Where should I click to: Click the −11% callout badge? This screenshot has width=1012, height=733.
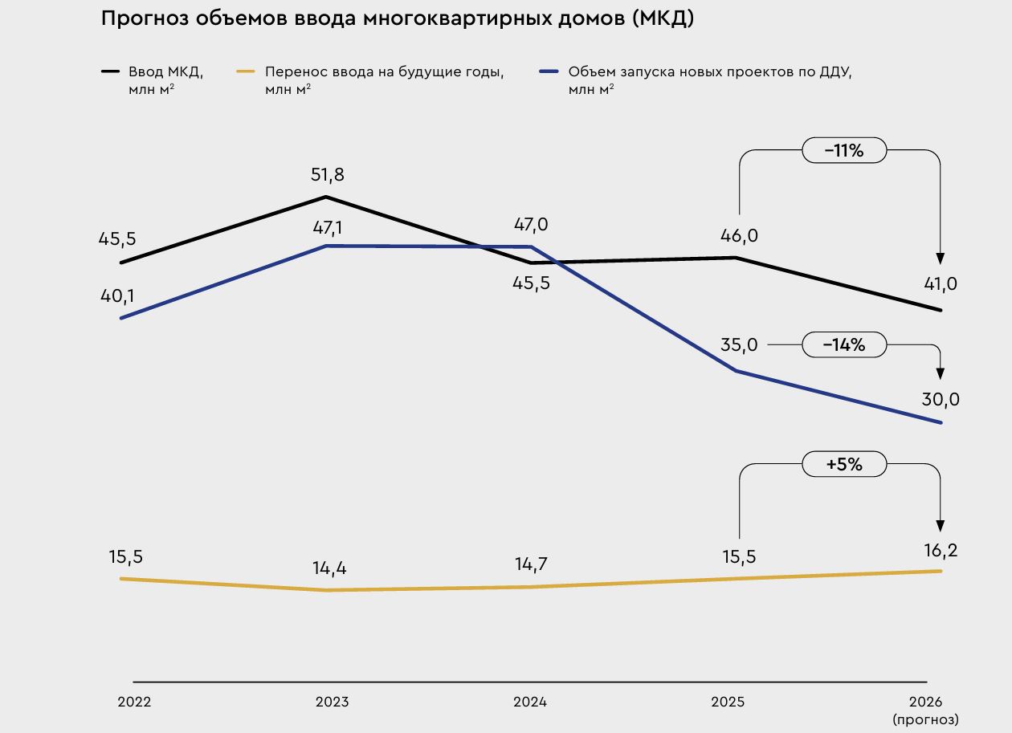[844, 150]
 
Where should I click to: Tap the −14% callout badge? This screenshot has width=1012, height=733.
[844, 345]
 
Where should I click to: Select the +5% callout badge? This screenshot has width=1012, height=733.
[844, 464]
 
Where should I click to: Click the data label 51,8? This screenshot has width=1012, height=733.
[327, 175]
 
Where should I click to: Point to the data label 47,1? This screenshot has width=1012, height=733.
[327, 228]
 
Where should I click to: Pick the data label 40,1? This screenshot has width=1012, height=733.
[117, 296]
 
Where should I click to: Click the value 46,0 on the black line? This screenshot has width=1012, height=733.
[739, 236]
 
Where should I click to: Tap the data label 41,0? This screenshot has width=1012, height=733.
[941, 284]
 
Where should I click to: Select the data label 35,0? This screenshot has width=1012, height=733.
[739, 345]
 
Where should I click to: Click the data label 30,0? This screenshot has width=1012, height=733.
[941, 400]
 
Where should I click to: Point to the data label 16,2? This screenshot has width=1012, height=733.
[941, 551]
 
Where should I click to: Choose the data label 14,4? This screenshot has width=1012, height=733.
[329, 568]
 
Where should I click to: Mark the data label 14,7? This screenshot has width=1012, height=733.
[531, 564]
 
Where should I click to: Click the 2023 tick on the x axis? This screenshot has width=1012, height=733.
[332, 702]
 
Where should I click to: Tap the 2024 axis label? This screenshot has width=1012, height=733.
[530, 702]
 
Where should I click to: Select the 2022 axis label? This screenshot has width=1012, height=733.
[134, 702]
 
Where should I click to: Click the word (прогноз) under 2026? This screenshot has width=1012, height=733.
[925, 719]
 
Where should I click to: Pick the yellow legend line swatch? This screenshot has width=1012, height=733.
[246, 71]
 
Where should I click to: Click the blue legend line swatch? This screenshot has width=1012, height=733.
[549, 71]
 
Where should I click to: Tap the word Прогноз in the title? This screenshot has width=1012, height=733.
[143, 19]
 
